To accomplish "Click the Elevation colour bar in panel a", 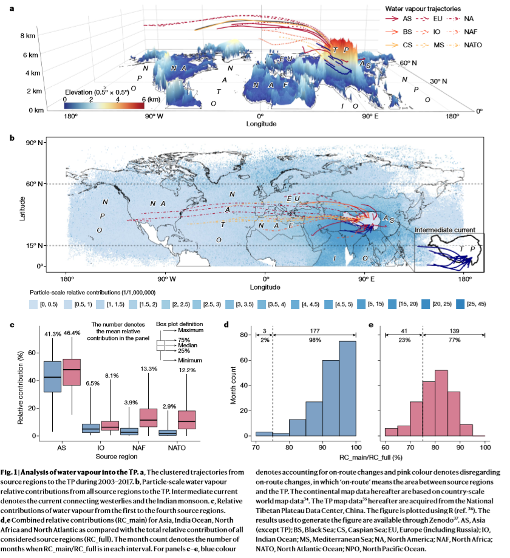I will coord(104,105).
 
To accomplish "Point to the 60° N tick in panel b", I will coord(35,184).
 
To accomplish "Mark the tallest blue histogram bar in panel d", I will coord(347,389).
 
